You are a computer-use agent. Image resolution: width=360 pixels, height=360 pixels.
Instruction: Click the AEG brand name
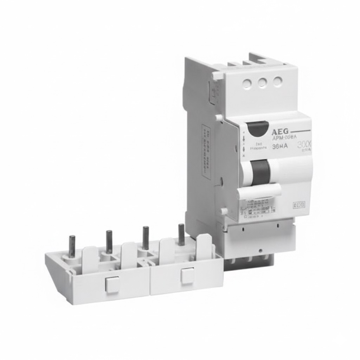pyautogui.click(x=280, y=132)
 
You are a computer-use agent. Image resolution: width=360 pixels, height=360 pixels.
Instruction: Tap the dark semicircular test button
pyautogui.click(x=257, y=129)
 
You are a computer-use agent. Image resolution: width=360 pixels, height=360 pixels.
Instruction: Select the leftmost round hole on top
pyautogui.click(x=247, y=83)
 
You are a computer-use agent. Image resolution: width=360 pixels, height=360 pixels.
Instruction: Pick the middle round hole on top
pyautogui.click(x=262, y=82)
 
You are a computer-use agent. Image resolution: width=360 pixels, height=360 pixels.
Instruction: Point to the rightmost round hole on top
pyautogui.click(x=278, y=82)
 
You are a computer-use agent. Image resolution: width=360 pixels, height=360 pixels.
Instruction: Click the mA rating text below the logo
pyautogui.click(x=280, y=146)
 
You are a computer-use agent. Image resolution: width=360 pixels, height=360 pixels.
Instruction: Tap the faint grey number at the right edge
pyautogui.click(x=304, y=145)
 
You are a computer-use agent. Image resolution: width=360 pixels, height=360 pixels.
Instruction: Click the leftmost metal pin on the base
pyautogui.click(x=72, y=246)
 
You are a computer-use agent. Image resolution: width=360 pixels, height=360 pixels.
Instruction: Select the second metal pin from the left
pyautogui.click(x=109, y=242)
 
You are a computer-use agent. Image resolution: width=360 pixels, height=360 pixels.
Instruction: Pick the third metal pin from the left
pyautogui.click(x=145, y=238)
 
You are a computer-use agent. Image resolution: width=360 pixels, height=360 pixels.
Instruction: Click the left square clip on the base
pyautogui.click(x=112, y=284)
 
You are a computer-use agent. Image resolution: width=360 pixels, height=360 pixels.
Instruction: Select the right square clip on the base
pyautogui.click(x=187, y=275)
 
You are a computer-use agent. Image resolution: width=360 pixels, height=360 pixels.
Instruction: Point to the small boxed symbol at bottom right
pyautogui.click(x=299, y=205)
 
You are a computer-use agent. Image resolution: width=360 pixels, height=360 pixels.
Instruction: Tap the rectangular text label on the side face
pyautogui.click(x=206, y=151)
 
